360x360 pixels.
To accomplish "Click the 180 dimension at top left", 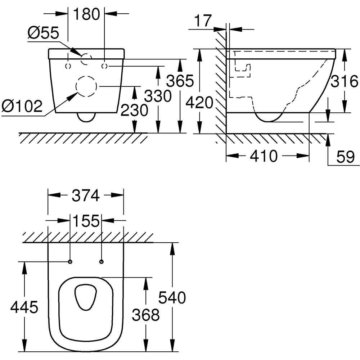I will click(x=86, y=14).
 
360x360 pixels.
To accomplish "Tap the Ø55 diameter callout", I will click(x=43, y=34).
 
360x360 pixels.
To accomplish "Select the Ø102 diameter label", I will click(x=22, y=107).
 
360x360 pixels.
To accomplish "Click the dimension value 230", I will click(x=134, y=110).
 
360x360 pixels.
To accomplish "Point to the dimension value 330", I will click(x=158, y=96).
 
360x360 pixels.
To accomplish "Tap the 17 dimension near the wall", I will click(x=203, y=21).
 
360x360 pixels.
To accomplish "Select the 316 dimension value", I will click(x=345, y=82).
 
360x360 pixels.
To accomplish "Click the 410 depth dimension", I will click(x=264, y=156).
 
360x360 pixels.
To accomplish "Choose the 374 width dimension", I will click(x=86, y=196).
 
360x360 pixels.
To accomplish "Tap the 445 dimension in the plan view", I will click(x=24, y=308).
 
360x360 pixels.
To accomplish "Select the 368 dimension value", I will click(x=145, y=315).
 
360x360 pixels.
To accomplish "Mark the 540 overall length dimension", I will click(x=172, y=298).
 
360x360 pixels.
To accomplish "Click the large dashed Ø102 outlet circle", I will click(x=86, y=86).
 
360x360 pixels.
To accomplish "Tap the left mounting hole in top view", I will click(x=70, y=261).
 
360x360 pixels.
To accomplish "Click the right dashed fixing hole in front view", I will click(x=105, y=66).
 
